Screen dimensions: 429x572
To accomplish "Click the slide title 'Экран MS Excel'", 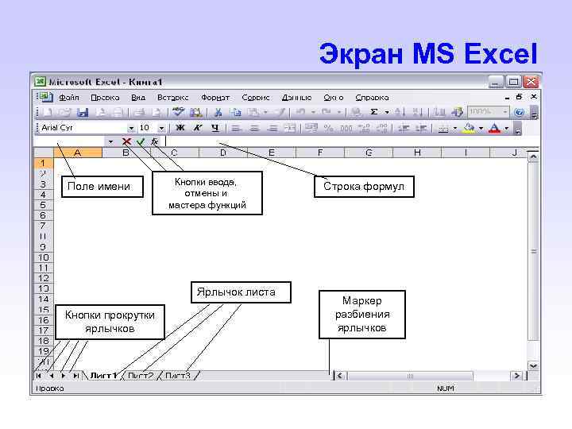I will (428, 54).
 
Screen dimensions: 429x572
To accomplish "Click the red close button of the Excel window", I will (531, 82).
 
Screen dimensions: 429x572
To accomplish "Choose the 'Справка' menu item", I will (372, 97).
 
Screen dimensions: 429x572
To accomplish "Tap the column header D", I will (222, 153).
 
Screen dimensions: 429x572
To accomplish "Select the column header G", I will (369, 153).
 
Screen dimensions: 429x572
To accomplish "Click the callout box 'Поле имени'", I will (99, 187).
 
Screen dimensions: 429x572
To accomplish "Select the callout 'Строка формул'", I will (363, 187).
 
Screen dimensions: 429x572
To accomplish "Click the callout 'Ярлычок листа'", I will (236, 292).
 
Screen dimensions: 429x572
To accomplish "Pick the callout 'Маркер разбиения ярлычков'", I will (362, 315).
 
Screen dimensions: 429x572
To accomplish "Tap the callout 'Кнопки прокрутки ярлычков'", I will (110, 322).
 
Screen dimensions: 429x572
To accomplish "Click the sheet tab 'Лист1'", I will (103, 375).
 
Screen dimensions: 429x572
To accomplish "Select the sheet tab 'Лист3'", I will (178, 375).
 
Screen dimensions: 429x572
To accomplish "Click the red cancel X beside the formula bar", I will (126, 141).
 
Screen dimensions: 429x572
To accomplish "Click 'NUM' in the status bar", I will (445, 388).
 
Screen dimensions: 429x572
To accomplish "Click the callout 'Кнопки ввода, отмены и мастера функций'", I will (207, 193).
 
